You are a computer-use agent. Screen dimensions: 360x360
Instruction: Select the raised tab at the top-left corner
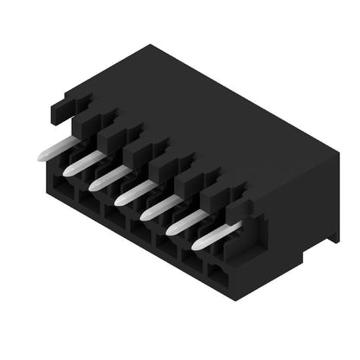(62, 108)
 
